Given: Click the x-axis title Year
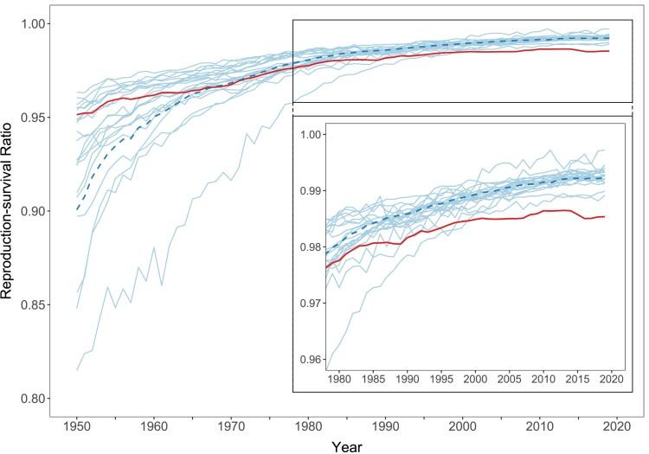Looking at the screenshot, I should tap(350, 446).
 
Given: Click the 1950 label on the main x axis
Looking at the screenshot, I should tap(78, 425).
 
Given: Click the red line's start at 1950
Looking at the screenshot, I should tap(78, 114).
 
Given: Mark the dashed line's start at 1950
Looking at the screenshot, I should tap(78, 210).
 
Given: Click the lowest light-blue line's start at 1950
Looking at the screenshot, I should tap(78, 370).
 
